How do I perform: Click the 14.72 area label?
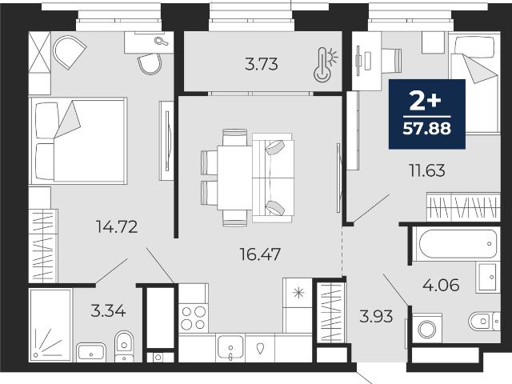(117, 226)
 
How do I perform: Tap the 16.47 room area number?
(260, 254)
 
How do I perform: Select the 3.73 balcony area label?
(262, 64)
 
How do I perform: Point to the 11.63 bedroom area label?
(427, 170)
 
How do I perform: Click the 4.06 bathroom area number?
(441, 285)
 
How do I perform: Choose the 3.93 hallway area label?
(376, 317)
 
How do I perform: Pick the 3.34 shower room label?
(108, 311)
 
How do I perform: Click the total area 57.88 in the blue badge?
(426, 128)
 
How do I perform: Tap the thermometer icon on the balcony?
(326, 64)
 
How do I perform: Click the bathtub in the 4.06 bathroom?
(458, 244)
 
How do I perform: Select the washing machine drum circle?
(426, 329)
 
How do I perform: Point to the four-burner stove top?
(194, 318)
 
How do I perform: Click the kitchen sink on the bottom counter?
(230, 346)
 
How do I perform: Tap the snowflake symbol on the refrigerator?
(298, 293)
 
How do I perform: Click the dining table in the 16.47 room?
(234, 178)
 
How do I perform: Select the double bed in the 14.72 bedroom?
(78, 141)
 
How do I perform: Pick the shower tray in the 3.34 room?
(50, 326)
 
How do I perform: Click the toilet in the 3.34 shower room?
(124, 346)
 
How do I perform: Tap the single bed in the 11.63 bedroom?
(474, 83)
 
